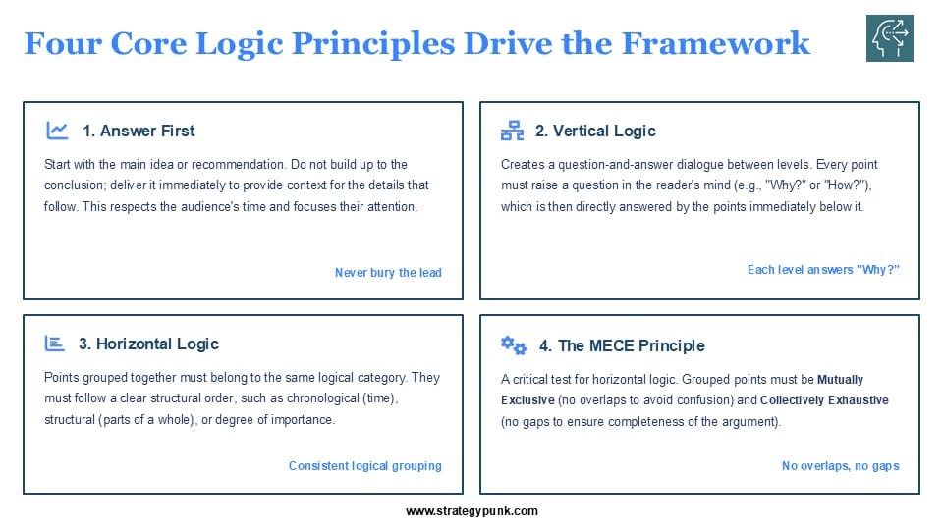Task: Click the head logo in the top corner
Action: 890,38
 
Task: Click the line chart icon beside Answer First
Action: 57,131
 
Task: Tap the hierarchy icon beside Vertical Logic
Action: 512,131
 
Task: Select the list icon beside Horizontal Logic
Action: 54,344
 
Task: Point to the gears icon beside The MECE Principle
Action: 514,344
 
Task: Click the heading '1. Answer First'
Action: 139,131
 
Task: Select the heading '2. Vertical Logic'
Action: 595,131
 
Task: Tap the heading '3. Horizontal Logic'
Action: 148,344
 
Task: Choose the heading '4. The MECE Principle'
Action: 622,345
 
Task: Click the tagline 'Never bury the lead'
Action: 388,272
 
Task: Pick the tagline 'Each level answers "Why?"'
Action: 823,270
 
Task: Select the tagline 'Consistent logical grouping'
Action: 365,465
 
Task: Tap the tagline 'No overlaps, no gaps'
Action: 840,465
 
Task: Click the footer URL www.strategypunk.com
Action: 471,511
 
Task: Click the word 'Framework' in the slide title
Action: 716,43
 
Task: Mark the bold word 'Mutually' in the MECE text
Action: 840,380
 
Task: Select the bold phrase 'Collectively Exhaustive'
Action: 824,400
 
